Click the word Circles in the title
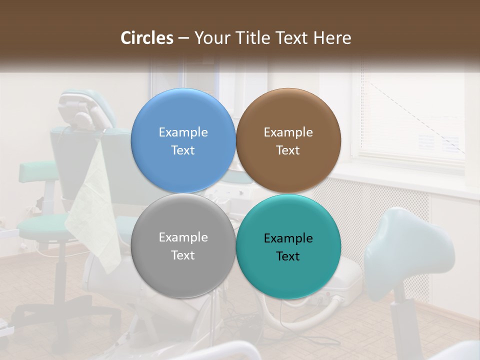(x=147, y=38)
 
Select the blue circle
(x=183, y=140)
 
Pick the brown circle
(x=288, y=140)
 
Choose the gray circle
(x=183, y=245)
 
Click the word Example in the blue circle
(x=183, y=132)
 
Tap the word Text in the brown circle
(x=288, y=150)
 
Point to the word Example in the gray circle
(x=183, y=237)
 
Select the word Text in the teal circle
(x=288, y=256)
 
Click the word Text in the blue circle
(x=183, y=150)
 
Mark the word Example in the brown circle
(x=288, y=132)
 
